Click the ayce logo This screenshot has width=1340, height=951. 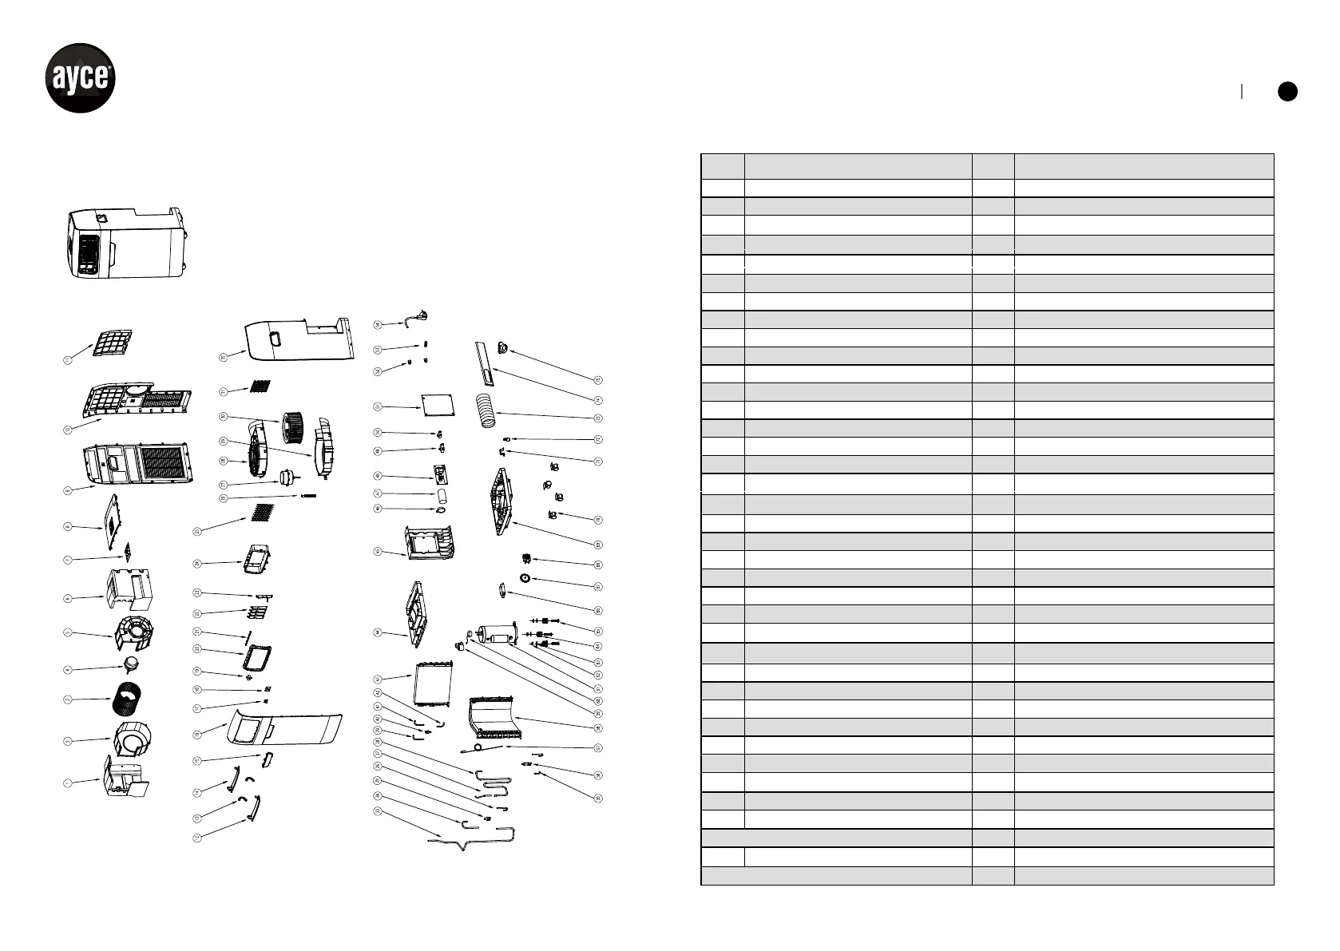[x=80, y=78]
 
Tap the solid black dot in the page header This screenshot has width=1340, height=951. [x=1286, y=91]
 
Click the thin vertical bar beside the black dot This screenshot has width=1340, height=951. [x=1242, y=91]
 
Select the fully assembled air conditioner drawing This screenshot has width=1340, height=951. [x=128, y=243]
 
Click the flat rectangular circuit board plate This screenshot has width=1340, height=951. [x=438, y=406]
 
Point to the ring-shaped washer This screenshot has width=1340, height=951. [x=525, y=579]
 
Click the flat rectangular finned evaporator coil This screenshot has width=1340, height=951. [x=432, y=684]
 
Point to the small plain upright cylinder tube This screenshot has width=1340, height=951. [x=441, y=494]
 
